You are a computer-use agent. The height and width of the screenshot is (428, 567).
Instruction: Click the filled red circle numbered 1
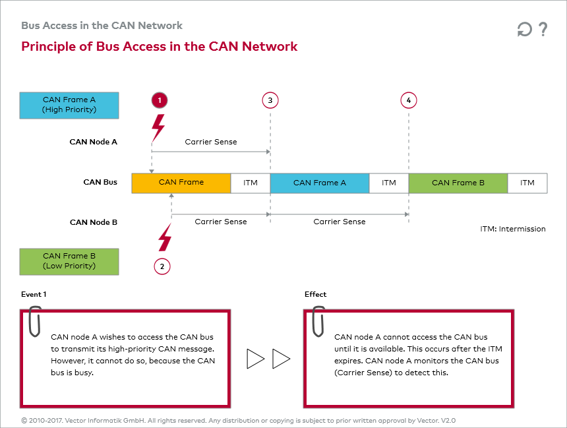[x=159, y=100]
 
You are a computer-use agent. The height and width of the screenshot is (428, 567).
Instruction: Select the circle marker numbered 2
[x=162, y=266]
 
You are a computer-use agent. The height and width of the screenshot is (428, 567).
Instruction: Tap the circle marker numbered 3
[x=270, y=100]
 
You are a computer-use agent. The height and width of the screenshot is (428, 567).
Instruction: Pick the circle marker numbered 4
[x=409, y=100]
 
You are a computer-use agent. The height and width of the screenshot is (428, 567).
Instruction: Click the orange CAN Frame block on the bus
[x=181, y=183]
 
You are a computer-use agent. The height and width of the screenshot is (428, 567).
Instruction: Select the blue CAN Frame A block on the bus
[x=320, y=183]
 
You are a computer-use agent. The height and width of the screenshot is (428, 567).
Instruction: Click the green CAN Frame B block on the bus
[x=458, y=183]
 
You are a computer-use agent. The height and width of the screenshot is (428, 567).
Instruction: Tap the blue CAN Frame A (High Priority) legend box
[x=69, y=105]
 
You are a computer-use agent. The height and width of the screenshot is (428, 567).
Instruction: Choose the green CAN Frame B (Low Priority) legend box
[x=69, y=261]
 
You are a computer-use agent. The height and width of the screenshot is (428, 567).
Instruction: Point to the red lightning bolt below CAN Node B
[x=164, y=237]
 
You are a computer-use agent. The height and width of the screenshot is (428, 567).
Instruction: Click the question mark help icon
[x=543, y=30]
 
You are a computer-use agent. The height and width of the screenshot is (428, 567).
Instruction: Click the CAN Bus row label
[x=100, y=182]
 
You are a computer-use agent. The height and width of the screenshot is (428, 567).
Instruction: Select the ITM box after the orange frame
[x=251, y=183]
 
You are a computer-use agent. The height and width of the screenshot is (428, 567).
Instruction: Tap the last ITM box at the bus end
[x=527, y=183]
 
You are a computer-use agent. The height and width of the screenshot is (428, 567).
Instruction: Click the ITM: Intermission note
[x=513, y=229]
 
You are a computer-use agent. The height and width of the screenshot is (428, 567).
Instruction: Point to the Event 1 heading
[x=34, y=294]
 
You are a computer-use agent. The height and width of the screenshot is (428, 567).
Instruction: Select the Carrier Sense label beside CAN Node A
[x=211, y=142]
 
